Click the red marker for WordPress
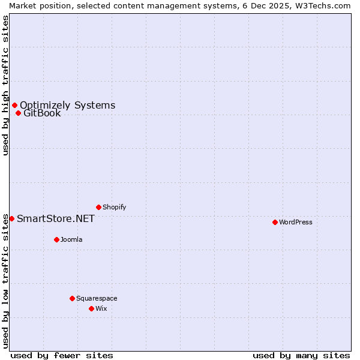tap(275, 222)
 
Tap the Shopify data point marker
tap(98, 207)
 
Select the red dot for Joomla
tap(56, 239)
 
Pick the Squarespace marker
tap(72, 298)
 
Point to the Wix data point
tap(91, 308)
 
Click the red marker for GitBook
tap(18, 113)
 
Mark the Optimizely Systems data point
tap(14, 106)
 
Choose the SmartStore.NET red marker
tap(11, 218)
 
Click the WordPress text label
tap(296, 222)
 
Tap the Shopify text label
tap(114, 207)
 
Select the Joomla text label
tap(71, 239)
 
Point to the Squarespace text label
tap(97, 298)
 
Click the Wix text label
tap(101, 308)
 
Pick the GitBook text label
tap(42, 113)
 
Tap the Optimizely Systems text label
tap(67, 106)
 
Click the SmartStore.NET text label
tap(55, 218)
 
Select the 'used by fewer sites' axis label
tap(62, 355)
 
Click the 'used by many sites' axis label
tap(301, 355)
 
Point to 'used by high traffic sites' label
tap(5, 85)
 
